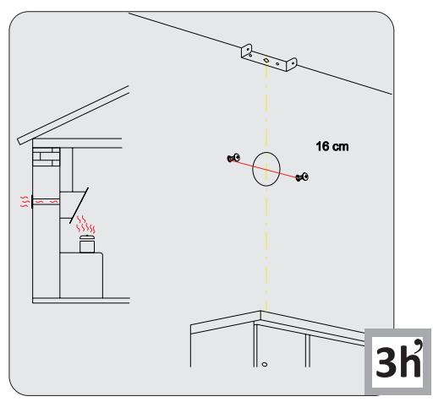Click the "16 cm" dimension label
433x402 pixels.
[332, 147]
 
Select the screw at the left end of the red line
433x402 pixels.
[234, 157]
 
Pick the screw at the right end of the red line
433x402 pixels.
[303, 177]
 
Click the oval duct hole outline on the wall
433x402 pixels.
[267, 169]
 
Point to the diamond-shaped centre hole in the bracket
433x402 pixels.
[266, 62]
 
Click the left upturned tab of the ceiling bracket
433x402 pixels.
[246, 51]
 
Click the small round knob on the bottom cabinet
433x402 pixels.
[265, 366]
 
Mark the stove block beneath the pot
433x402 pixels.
[83, 274]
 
